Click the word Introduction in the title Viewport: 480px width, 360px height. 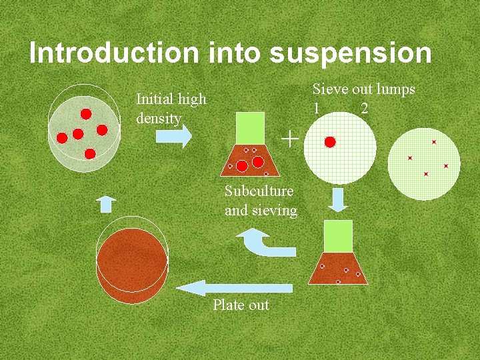point(113,53)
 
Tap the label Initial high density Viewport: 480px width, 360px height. point(171,109)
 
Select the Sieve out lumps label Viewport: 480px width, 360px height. point(363,89)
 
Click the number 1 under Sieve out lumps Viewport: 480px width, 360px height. point(317,108)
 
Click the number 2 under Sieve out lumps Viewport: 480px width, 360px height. point(364,108)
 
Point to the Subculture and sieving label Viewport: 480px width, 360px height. point(260,201)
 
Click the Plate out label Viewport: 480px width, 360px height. point(241,305)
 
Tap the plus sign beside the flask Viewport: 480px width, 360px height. point(289,139)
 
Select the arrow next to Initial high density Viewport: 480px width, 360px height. point(173,136)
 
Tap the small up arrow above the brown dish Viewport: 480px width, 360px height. point(105,203)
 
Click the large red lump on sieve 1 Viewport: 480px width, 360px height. point(330,141)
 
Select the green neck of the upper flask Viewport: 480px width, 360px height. point(250,127)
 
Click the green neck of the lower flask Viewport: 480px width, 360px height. point(338,236)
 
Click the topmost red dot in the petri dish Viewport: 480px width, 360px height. point(86,113)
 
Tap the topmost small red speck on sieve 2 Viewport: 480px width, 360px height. point(434,142)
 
